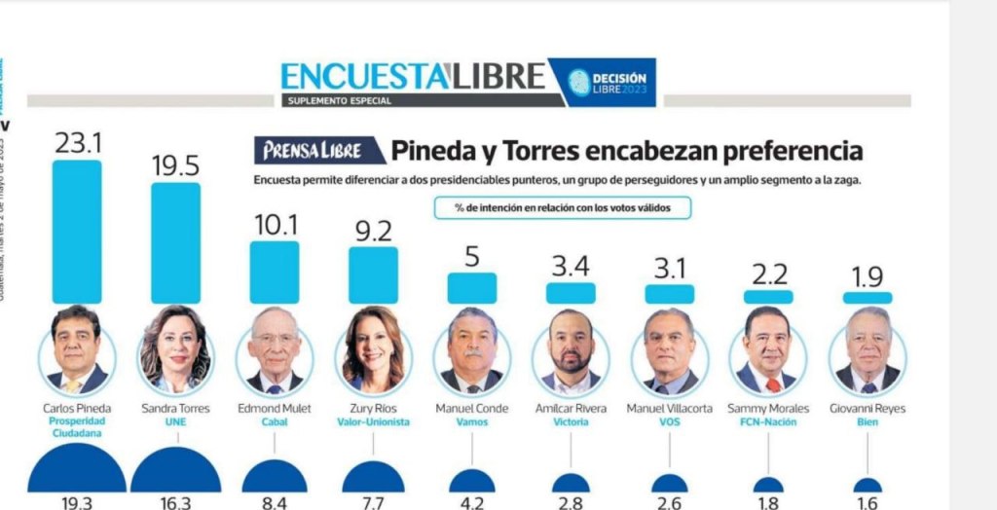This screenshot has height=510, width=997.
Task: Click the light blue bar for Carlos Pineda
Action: (x=77, y=232)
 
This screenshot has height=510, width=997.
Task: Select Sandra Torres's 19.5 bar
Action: (x=176, y=242)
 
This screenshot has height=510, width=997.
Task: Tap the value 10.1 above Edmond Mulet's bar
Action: (x=276, y=226)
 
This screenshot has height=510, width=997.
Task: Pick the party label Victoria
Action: (x=571, y=423)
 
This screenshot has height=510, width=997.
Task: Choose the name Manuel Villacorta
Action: (x=669, y=409)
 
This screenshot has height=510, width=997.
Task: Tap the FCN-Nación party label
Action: (x=767, y=423)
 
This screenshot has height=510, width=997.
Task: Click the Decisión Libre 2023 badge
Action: (x=604, y=83)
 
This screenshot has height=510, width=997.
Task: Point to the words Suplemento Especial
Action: (x=339, y=101)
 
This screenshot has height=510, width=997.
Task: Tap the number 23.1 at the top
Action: (x=77, y=144)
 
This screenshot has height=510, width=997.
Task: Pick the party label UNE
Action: (x=176, y=423)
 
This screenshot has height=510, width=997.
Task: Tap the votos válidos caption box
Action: (x=563, y=207)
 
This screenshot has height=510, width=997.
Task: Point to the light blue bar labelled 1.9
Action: (x=867, y=298)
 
